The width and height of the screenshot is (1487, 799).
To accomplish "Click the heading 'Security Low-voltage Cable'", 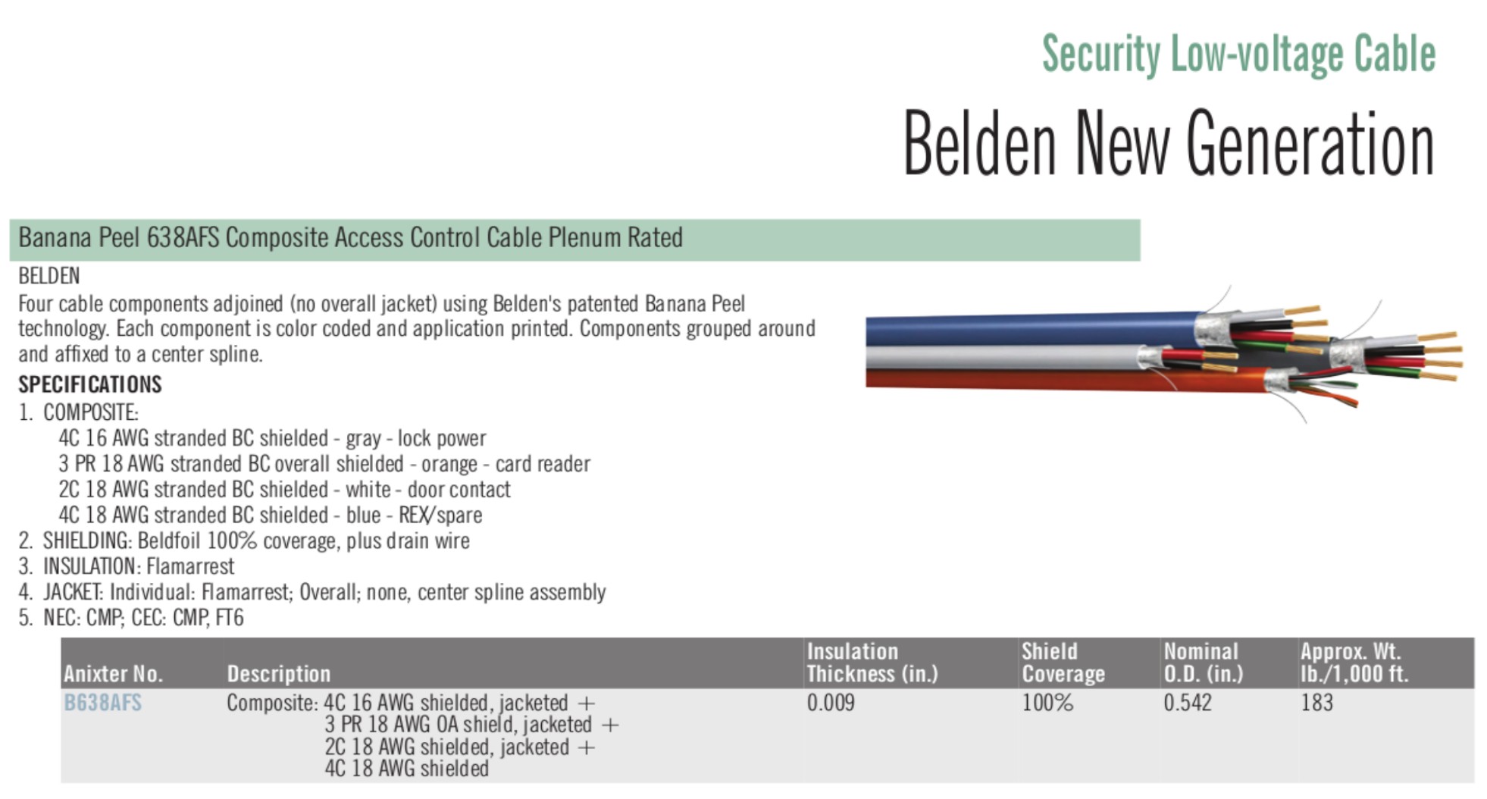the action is [1238, 54].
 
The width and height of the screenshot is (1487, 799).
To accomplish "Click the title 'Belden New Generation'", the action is [1168, 143].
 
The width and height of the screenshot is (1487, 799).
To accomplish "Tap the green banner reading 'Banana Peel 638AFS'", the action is [574, 240].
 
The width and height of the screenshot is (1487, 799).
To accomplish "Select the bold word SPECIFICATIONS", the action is [90, 384].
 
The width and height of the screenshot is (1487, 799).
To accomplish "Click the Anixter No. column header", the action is [113, 674].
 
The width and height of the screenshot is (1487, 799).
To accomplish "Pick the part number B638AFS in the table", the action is [102, 703].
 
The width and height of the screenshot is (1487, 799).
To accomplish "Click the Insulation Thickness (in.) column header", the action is [872, 663].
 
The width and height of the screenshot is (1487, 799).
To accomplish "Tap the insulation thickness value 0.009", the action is [831, 703].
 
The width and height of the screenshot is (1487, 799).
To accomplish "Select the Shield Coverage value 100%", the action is [1047, 703].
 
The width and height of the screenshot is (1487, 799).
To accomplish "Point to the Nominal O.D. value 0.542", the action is [1188, 703].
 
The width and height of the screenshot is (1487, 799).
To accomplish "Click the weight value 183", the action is [1316, 703].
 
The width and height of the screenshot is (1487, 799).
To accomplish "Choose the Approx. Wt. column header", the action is [1354, 663].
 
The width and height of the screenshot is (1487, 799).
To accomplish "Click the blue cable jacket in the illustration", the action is [1031, 331].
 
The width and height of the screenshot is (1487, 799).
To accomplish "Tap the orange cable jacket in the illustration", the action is [1061, 381].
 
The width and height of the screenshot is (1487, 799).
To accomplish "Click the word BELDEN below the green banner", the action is [49, 276].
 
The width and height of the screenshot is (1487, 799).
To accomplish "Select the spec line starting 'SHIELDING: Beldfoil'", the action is [243, 541].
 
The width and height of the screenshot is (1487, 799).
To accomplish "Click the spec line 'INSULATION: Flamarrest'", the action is [127, 566].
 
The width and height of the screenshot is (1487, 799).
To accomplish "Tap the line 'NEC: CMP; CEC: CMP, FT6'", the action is [131, 618].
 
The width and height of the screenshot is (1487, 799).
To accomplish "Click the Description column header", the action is [279, 674].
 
